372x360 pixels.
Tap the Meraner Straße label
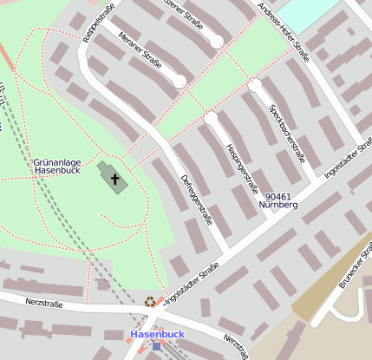(x=140, y=50)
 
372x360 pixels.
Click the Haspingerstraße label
(x=242, y=167)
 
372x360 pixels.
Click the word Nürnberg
(x=278, y=206)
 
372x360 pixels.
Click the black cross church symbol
(x=114, y=180)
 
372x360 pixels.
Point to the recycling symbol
(x=151, y=302)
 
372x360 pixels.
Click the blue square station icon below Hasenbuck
(x=156, y=345)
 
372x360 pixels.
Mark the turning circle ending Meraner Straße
(x=179, y=82)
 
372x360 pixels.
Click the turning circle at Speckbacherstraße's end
(x=255, y=86)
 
